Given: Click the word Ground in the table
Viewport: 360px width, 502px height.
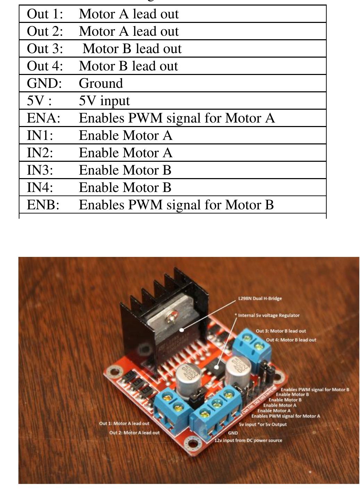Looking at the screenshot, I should tap(101, 84).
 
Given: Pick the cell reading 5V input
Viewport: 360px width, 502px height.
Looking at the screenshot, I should tap(104, 101).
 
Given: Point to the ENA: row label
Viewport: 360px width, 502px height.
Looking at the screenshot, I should tap(44, 118).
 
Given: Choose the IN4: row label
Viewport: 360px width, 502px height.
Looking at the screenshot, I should tap(40, 188).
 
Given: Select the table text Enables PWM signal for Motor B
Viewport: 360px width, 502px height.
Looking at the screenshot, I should tap(176, 205).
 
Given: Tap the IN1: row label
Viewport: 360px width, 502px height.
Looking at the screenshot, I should tap(40, 136).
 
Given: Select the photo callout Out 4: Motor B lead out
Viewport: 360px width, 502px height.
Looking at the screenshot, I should tap(291, 340).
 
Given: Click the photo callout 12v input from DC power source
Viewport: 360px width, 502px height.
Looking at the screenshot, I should tap(248, 441).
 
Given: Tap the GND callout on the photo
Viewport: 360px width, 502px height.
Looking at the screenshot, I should tap(233, 433).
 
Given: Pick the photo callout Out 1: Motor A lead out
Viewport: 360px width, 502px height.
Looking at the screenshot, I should tap(124, 424).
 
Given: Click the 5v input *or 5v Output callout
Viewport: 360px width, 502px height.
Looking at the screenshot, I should tap(263, 424).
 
